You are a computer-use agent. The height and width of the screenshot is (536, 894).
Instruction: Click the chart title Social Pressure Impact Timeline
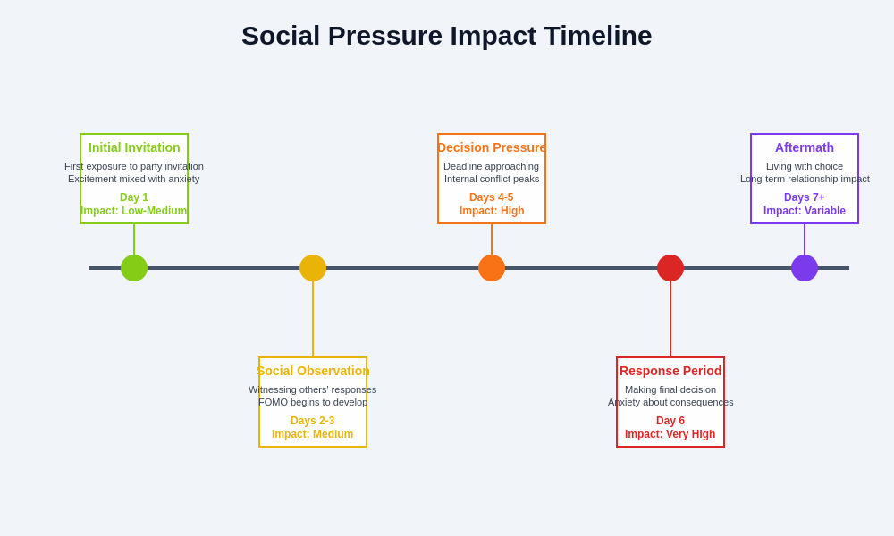[446, 36]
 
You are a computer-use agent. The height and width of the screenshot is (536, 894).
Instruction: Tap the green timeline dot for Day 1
[134, 268]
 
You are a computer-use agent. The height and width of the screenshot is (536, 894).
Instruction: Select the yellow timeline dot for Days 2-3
[313, 268]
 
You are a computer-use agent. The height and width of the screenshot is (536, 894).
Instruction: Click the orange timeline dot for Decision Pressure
[492, 268]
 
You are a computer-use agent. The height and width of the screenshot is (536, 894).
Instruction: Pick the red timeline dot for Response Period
[670, 268]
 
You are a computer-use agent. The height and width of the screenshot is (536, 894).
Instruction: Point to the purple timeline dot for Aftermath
[805, 268]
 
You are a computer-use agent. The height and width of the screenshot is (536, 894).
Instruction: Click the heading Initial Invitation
[134, 147]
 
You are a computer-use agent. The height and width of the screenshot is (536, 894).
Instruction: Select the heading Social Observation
[313, 371]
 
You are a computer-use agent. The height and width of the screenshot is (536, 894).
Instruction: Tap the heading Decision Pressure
[492, 147]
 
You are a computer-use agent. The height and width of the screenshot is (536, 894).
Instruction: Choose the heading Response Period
[670, 371]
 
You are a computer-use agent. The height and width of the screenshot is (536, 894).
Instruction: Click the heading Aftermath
[805, 147]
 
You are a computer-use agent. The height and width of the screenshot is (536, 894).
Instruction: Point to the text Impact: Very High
[670, 434]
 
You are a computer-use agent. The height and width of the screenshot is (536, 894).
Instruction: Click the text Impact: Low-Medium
[134, 211]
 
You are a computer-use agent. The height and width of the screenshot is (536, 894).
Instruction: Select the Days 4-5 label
[492, 197]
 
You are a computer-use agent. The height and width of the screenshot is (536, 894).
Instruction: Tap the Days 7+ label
[805, 197]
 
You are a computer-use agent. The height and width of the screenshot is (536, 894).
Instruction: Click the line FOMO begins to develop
[313, 402]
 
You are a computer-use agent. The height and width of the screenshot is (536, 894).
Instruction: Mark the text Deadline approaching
[492, 166]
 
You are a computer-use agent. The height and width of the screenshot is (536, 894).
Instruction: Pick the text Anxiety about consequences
[670, 402]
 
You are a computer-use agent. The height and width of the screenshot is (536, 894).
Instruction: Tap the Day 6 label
[670, 421]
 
